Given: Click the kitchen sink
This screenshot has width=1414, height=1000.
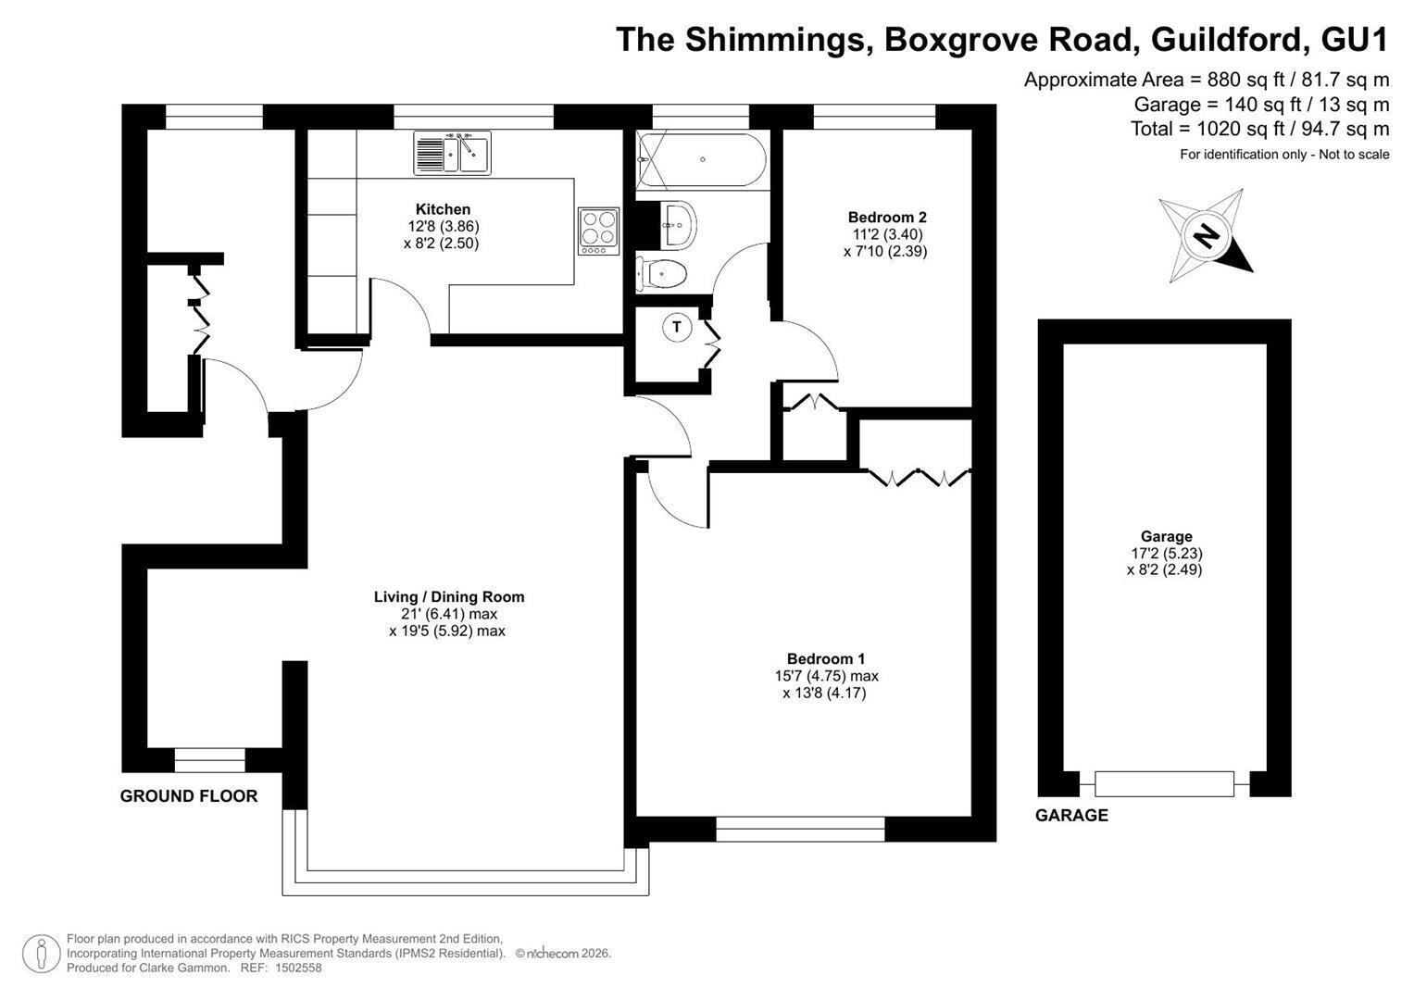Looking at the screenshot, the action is pos(452,153).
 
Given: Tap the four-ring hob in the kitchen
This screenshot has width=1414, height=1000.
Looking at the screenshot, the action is pos(598,231).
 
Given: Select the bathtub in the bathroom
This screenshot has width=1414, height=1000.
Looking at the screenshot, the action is pos(701,159).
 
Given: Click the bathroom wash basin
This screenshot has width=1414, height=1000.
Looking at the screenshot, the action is pos(679,225).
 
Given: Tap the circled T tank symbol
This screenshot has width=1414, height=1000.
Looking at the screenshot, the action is pos(677,327).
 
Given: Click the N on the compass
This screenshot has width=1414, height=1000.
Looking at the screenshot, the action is pos(1206,237).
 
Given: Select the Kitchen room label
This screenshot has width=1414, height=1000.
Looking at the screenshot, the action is pos(443,209).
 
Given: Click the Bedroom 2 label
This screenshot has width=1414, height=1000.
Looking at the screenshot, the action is pos(887,218).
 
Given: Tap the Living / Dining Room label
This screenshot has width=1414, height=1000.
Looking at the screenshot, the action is pos(449,596).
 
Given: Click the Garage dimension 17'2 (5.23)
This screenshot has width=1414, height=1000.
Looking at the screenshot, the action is pos(1167,553).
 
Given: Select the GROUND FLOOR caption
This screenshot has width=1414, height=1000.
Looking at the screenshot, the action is pos(189,796).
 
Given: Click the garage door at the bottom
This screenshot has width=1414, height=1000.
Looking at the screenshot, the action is pos(1164,783).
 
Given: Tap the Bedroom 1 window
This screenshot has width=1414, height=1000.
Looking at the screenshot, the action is pos(800,829).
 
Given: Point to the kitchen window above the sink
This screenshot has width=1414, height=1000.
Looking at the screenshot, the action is pos(473,117).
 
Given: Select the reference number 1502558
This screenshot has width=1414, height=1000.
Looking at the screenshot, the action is pos(298,968).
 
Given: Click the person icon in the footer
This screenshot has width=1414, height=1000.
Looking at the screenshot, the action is pos(41,954).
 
